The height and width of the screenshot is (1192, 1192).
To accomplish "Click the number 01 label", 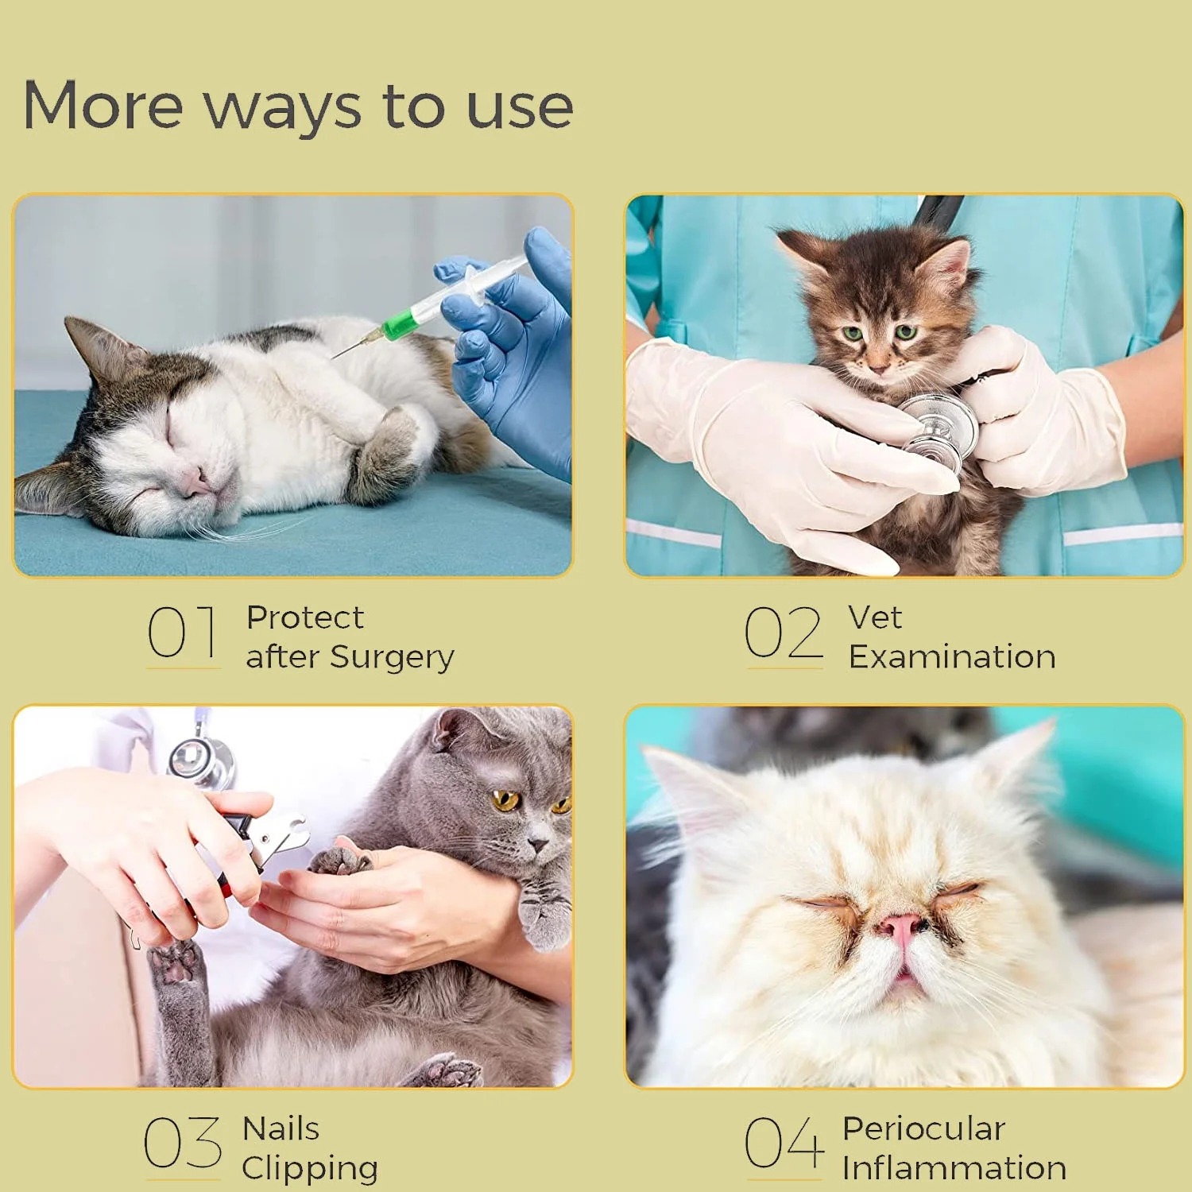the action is [182, 633].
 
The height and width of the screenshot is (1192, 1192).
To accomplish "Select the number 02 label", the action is [784, 633].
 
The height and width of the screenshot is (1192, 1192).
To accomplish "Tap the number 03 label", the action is [183, 1143].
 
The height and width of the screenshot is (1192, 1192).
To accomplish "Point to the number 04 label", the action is [784, 1143].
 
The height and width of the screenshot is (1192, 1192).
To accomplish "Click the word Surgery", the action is [392, 659].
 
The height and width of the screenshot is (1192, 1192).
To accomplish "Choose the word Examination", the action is [952, 657].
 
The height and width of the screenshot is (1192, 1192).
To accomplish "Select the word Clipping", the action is [310, 1170].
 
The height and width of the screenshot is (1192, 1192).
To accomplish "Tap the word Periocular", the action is [923, 1128].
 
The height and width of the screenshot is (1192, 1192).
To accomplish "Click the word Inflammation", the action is [954, 1168].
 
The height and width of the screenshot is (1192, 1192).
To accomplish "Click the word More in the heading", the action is [103, 105].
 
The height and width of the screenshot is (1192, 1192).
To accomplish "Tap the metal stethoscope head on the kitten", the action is [942, 432].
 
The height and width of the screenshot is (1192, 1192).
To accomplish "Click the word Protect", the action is [305, 617].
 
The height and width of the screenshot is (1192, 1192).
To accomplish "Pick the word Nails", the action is [281, 1128].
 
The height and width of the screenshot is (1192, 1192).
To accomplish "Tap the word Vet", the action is [875, 617].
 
